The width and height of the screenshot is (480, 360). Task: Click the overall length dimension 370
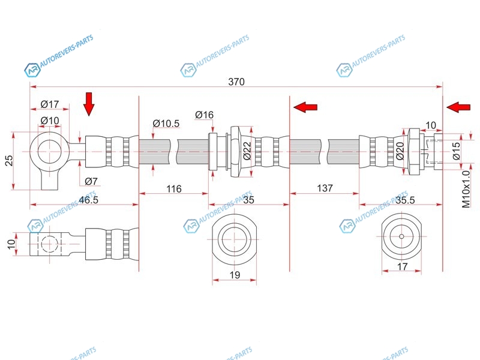[x=236, y=82]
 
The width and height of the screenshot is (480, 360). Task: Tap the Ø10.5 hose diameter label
[x=166, y=124]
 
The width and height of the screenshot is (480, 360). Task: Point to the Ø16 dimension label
[x=205, y=115]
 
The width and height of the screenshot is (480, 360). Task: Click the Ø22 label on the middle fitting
[x=247, y=150]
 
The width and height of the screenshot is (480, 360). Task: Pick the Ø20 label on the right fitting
[x=400, y=151]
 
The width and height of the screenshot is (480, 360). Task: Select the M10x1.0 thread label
[x=466, y=188]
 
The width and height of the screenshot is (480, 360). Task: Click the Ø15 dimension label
[x=457, y=150]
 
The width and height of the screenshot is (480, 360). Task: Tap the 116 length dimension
[x=173, y=189]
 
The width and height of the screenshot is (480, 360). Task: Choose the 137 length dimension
[x=324, y=189]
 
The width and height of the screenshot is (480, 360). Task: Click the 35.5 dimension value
[x=406, y=200]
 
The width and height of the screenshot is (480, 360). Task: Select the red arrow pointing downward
[x=89, y=104]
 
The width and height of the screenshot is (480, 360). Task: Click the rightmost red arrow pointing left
[x=459, y=107]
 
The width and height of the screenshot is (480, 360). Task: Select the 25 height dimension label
[x=8, y=160]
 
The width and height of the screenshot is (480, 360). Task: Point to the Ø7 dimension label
[x=91, y=181]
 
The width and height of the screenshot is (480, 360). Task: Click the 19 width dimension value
[x=235, y=275]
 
